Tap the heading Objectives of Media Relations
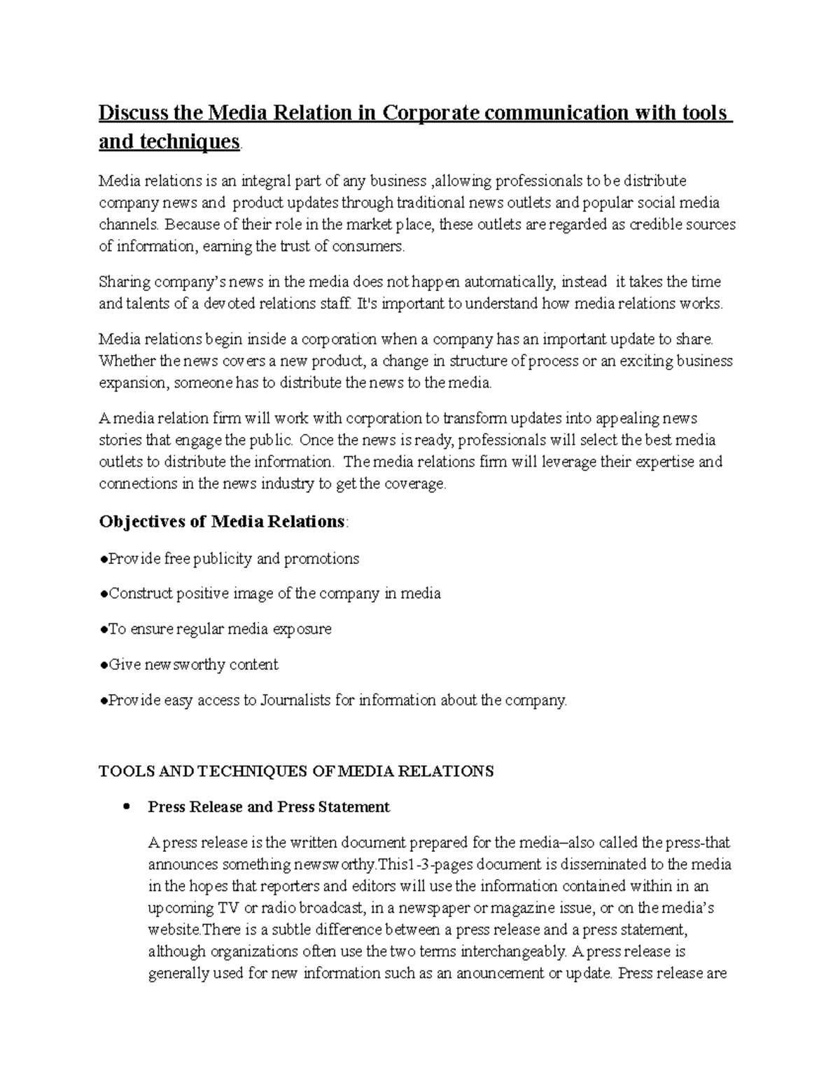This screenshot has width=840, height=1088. point(222,522)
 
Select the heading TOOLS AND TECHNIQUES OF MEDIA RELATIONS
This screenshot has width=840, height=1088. point(296,771)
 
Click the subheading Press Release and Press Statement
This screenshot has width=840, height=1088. point(269,807)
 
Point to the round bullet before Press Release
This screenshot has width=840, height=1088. point(127,807)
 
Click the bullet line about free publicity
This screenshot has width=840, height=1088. point(232,559)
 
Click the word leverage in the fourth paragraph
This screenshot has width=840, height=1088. point(561,462)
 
